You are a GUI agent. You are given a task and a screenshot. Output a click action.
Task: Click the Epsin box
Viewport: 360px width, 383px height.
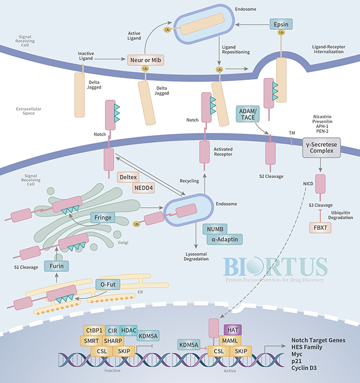click(x=281, y=24)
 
